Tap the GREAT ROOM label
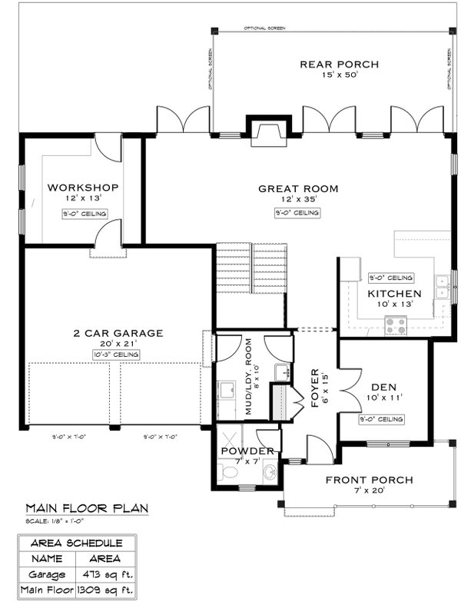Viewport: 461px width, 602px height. point(298,188)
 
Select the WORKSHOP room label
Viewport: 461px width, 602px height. point(82,187)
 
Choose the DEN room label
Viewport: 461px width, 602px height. point(383,387)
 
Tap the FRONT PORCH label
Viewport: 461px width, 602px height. point(369,480)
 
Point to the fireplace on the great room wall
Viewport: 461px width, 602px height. point(268,132)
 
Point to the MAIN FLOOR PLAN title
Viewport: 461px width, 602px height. point(87,508)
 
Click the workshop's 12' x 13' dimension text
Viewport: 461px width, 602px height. point(82,198)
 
